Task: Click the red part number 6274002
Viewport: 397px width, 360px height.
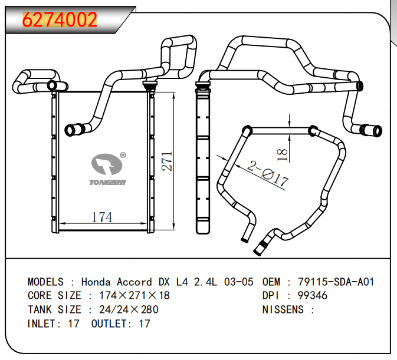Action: [x=60, y=19]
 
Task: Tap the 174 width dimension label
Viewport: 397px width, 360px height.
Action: [x=102, y=217]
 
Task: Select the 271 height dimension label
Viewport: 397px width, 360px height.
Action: [x=167, y=161]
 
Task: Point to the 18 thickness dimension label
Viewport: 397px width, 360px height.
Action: [x=283, y=155]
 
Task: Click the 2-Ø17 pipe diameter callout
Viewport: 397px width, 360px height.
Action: [x=268, y=174]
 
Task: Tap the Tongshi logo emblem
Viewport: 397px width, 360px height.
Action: [x=107, y=164]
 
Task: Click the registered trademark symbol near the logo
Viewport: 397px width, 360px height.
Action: [x=123, y=155]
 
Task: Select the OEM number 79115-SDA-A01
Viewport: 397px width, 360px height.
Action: [x=336, y=282]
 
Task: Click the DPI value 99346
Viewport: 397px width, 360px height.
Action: [x=313, y=296]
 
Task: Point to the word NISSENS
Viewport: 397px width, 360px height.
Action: [x=283, y=310]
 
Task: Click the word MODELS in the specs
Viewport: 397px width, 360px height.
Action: [x=45, y=282]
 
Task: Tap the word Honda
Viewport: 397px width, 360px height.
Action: [x=96, y=282]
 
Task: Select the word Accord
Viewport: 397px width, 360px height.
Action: [x=134, y=282]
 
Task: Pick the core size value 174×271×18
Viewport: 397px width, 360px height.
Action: [x=134, y=296]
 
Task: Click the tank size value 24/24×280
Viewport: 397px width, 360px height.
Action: [x=129, y=310]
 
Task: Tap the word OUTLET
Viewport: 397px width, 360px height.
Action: [x=109, y=323]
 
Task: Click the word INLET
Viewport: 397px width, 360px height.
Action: [x=42, y=323]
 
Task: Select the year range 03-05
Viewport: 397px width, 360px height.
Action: [x=238, y=282]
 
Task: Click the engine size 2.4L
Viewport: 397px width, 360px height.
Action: [x=206, y=282]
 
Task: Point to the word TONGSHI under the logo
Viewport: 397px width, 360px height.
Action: [x=107, y=182]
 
